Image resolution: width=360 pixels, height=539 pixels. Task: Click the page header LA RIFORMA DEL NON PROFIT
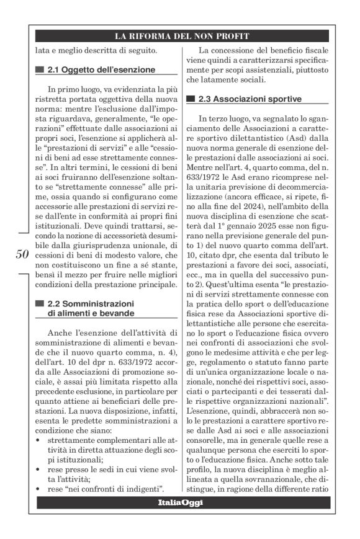click(180, 35)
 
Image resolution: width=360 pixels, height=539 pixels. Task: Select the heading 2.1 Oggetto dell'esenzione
click(102, 69)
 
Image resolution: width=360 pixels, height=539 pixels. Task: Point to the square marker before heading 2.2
click(40, 303)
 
